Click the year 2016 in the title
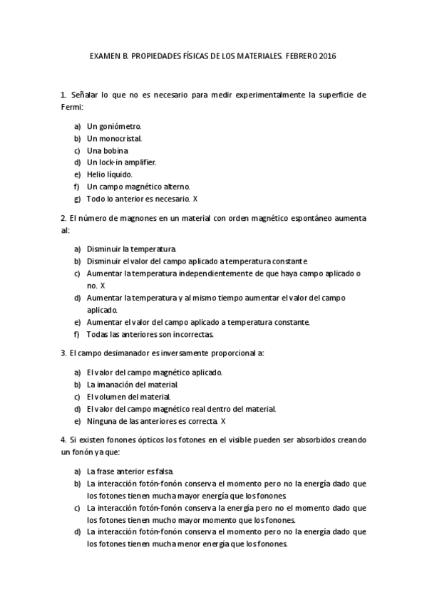(x=327, y=56)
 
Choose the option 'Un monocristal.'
(x=114, y=138)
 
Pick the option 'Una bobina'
(x=107, y=150)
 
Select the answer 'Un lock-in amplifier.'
(x=121, y=162)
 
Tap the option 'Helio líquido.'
(x=109, y=174)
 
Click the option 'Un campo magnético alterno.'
(x=128, y=186)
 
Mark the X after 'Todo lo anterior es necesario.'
(x=195, y=198)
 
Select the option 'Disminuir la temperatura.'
(x=131, y=249)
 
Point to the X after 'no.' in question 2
(x=103, y=285)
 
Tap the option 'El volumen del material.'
(x=128, y=397)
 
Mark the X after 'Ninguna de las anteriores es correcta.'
(x=223, y=421)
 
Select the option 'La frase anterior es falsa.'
(x=129, y=472)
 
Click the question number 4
(x=63, y=440)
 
